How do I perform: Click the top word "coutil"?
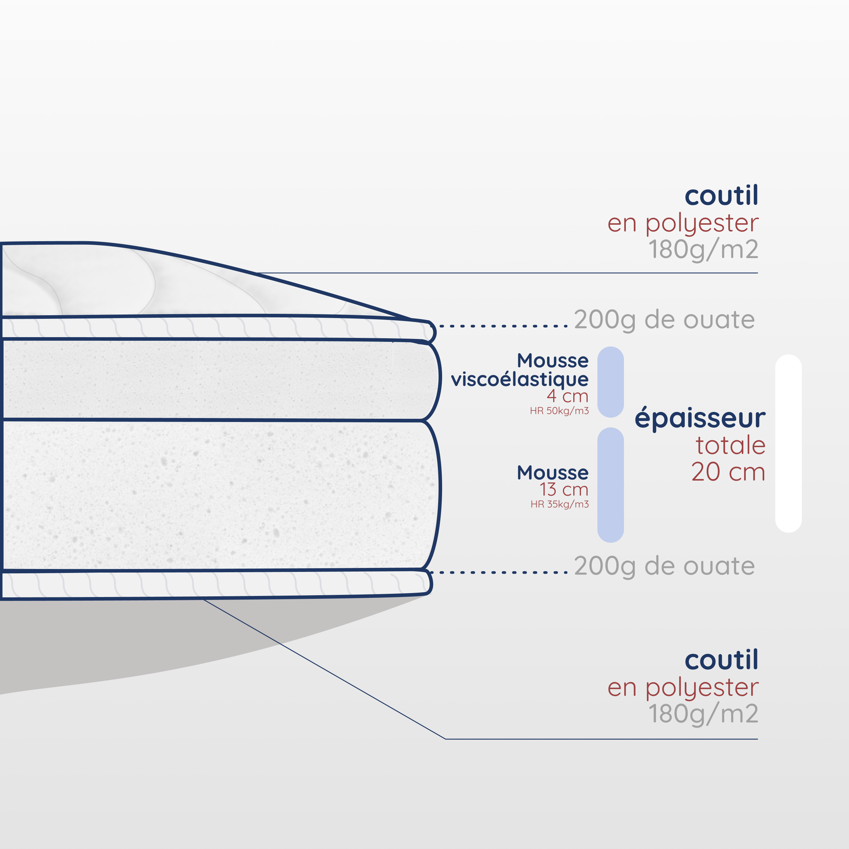click(721, 196)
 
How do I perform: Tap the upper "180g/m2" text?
click(703, 249)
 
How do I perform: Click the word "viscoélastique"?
click(519, 379)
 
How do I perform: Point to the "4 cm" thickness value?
click(567, 396)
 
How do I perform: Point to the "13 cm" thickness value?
click(564, 489)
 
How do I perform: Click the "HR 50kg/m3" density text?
click(559, 411)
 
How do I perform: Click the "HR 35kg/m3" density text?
click(559, 504)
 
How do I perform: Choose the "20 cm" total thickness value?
click(728, 472)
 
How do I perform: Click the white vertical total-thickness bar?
click(788, 444)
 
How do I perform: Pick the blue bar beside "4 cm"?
click(610, 382)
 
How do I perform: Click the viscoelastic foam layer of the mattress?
click(220, 379)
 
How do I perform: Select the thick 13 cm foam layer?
click(220, 494)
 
